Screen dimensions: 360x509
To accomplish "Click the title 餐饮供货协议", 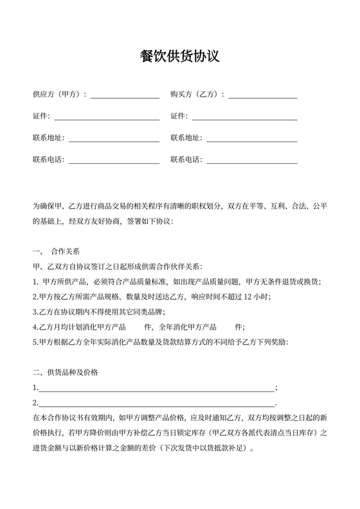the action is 180,56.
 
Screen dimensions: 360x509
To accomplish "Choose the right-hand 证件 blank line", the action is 245,118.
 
